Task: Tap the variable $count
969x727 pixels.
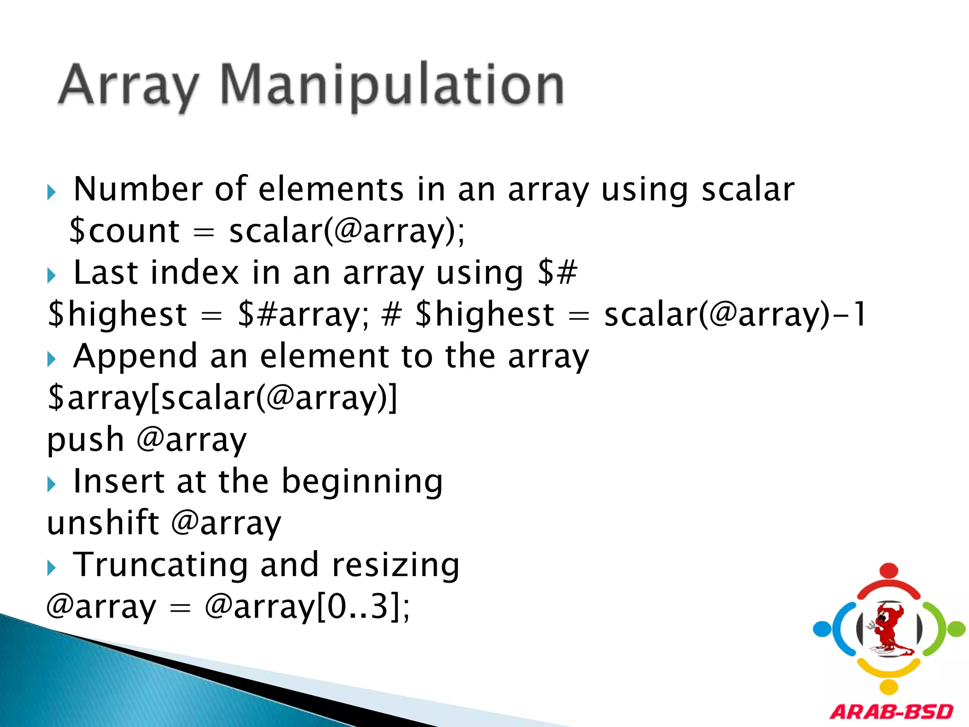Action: pyautogui.click(x=124, y=231)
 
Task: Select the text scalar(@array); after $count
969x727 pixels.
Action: pyautogui.click(x=347, y=231)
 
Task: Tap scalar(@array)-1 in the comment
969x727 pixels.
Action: pyautogui.click(x=735, y=314)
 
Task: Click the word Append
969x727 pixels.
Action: pyautogui.click(x=135, y=356)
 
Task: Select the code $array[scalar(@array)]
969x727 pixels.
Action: pyautogui.click(x=222, y=398)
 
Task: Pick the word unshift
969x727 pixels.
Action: pyautogui.click(x=103, y=523)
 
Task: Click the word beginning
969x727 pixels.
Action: pyautogui.click(x=362, y=481)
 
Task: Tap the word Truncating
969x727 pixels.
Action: pyautogui.click(x=160, y=565)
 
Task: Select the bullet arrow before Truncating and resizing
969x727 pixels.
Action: pyautogui.click(x=52, y=567)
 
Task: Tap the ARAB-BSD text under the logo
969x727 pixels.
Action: pyautogui.click(x=891, y=712)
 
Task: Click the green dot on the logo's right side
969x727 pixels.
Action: pyautogui.click(x=957, y=629)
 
